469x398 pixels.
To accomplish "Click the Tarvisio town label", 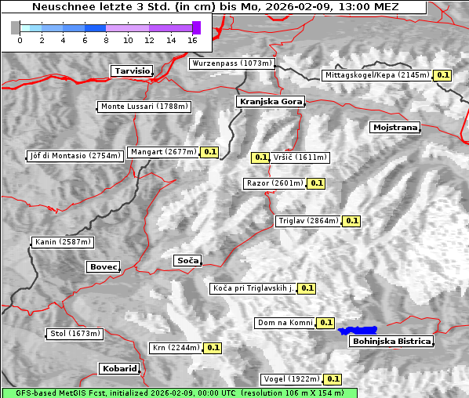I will click(132, 71).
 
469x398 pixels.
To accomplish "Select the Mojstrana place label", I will click(395, 127).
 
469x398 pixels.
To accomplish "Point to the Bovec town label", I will click(103, 266).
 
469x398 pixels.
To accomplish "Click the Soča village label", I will click(187, 260).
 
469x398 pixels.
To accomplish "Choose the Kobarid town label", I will click(119, 368).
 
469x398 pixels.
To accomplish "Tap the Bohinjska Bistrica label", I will click(391, 341).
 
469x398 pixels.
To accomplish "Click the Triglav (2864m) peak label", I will click(308, 221).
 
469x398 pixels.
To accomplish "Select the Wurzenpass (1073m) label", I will click(232, 63).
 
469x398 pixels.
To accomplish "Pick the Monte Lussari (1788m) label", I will click(144, 107).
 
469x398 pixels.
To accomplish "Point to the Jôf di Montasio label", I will click(75, 155).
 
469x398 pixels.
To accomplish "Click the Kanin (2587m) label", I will click(63, 242).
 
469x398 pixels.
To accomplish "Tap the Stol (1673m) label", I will click(75, 334).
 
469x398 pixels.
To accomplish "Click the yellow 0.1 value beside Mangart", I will click(209, 152).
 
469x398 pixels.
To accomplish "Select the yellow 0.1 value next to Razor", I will click(316, 183).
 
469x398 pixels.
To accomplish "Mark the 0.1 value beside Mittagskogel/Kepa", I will click(443, 75).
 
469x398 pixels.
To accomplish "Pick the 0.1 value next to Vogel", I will click(333, 379).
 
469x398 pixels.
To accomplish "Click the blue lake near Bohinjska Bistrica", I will click(358, 331).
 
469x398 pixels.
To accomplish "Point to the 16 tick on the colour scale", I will click(192, 39).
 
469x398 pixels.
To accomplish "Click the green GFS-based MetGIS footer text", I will click(179, 393).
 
